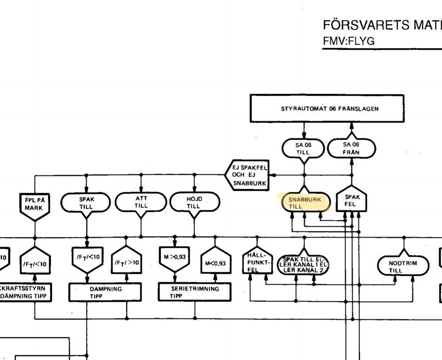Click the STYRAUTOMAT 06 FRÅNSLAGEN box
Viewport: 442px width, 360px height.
(x=327, y=108)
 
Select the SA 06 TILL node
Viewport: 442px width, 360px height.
(x=303, y=148)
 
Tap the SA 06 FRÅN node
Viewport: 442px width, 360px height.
(x=351, y=148)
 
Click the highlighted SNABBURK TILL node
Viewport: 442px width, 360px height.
(x=305, y=203)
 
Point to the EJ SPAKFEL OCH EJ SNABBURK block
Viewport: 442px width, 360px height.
(x=249, y=175)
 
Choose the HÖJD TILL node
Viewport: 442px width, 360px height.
(x=194, y=203)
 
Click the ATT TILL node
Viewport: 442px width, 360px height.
(x=141, y=203)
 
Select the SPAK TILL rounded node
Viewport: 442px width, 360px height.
(x=87, y=203)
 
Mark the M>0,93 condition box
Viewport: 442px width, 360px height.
(x=175, y=258)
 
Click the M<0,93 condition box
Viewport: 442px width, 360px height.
(x=215, y=262)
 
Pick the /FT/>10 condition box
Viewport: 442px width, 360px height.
(x=126, y=262)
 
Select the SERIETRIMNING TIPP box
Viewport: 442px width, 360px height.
(x=194, y=292)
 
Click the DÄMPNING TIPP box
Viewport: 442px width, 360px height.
(x=105, y=292)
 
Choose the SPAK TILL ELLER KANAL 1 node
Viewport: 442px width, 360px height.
(x=303, y=264)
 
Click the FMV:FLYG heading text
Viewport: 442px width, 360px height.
(x=349, y=41)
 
